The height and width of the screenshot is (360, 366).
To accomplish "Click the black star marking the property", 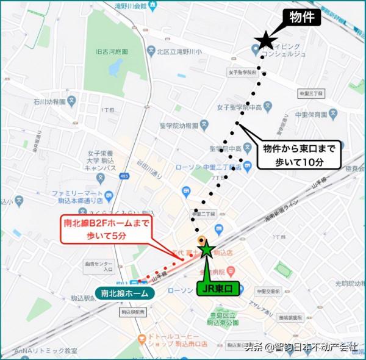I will pyautogui.click(x=266, y=41).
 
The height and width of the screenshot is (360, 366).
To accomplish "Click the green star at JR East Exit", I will pyautogui.click(x=207, y=249).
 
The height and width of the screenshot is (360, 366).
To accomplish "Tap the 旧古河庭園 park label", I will pyautogui.click(x=112, y=52).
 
